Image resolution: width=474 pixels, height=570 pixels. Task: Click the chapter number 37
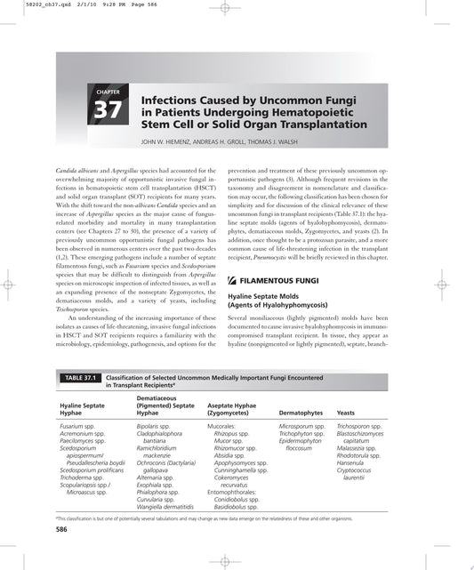tap(108, 112)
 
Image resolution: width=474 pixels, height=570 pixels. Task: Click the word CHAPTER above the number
tap(106, 92)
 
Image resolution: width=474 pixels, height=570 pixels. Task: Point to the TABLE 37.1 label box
tap(78, 378)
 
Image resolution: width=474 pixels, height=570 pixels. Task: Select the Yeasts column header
tap(346, 413)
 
